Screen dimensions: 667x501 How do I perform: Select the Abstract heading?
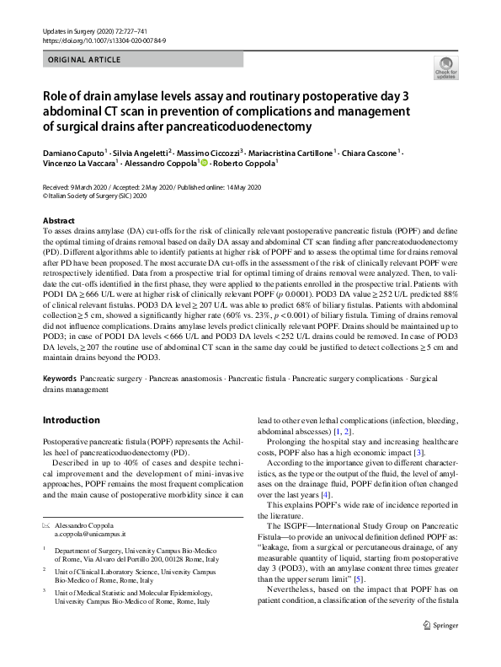57,219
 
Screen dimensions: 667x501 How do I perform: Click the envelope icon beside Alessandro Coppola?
46,524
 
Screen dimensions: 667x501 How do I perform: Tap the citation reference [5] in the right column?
334,579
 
